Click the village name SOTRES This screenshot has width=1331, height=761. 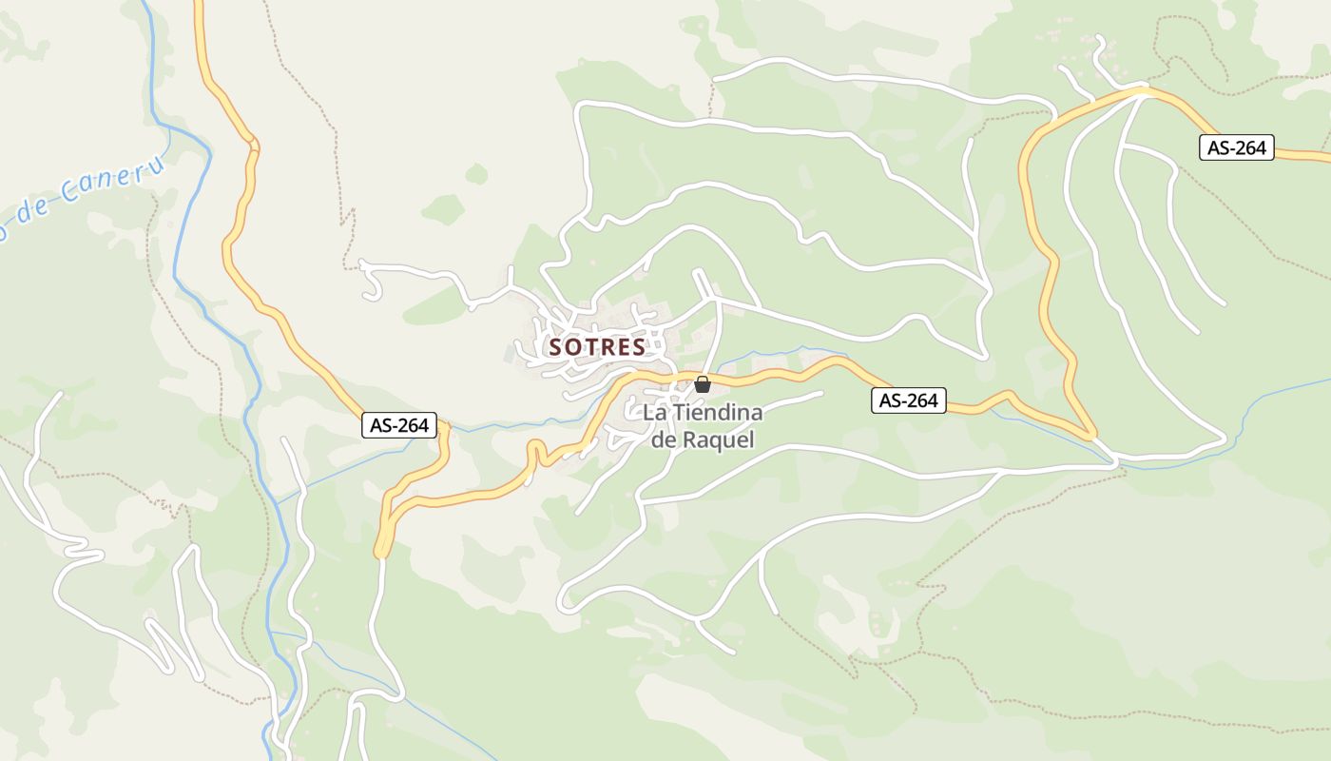tap(597, 347)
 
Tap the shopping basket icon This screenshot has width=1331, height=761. tap(703, 384)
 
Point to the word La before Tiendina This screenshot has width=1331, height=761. tap(653, 414)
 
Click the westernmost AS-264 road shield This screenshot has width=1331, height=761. tap(399, 425)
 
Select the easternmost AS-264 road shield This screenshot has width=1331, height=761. tap(1236, 147)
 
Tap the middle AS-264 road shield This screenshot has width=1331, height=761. tap(909, 400)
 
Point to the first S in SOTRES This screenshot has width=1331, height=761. tap(555, 348)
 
